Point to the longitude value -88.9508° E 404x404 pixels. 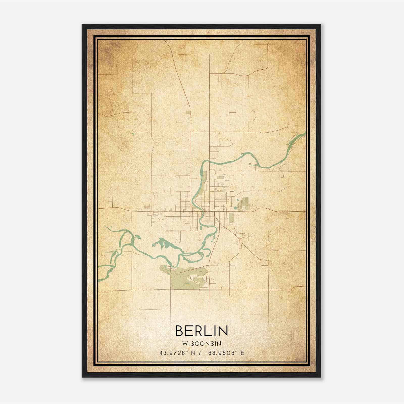click(225, 353)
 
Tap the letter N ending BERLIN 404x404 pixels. click(223, 331)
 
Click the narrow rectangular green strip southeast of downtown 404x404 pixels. click(231, 218)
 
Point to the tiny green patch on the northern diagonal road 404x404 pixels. click(188, 112)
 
